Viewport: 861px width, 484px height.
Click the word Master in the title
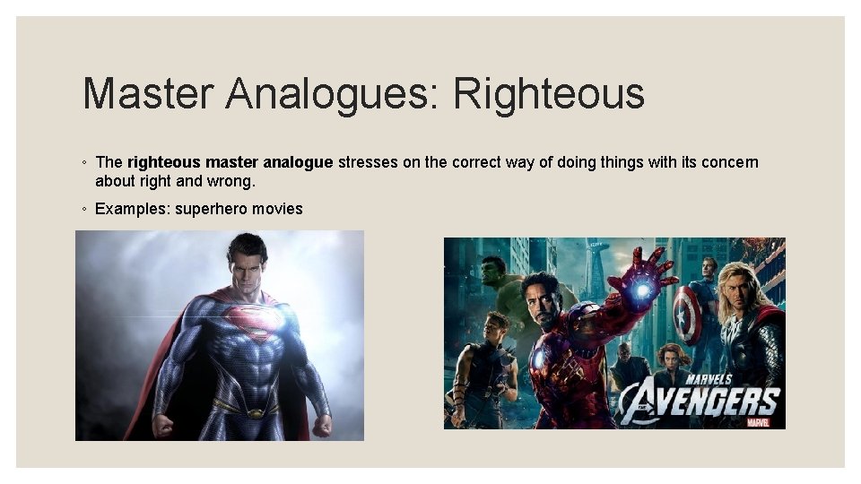click(143, 94)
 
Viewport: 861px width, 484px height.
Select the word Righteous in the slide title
click(549, 94)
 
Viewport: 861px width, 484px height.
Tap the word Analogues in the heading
click(328, 94)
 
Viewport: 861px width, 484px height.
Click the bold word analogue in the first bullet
click(298, 162)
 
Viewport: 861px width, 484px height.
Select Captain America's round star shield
click(688, 315)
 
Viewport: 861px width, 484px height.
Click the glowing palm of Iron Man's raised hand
click(643, 289)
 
